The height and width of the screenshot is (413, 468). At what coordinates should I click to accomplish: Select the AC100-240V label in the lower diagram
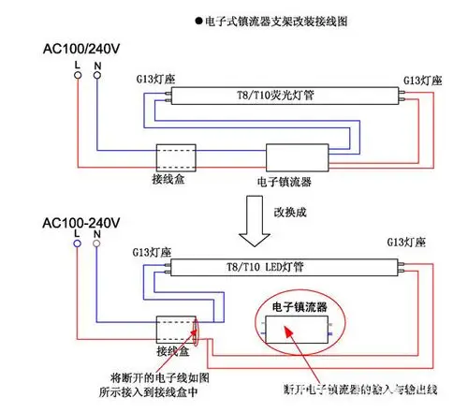(x=82, y=223)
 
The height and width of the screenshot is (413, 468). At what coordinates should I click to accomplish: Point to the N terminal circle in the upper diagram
(x=97, y=79)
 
